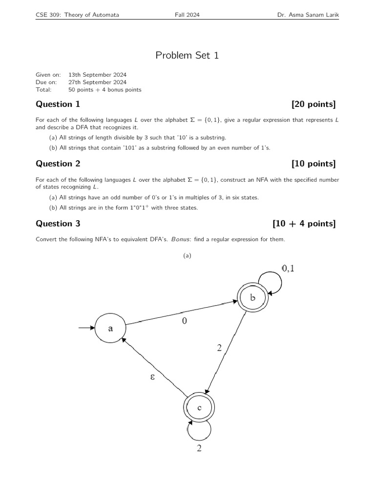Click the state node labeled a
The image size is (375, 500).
[x=110, y=329]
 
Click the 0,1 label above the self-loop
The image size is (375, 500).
[x=288, y=268]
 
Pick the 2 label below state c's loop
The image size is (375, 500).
[x=199, y=449]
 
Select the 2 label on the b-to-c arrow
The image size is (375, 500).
[x=219, y=348]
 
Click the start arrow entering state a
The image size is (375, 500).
[x=87, y=329]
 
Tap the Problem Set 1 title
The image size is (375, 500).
[x=187, y=55]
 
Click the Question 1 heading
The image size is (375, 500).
[x=58, y=104]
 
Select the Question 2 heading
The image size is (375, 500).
[x=58, y=164]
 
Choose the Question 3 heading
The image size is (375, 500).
[x=58, y=224]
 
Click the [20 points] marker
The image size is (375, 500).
[x=313, y=104]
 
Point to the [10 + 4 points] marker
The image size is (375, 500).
[x=304, y=224]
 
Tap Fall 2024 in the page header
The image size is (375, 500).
[x=187, y=15]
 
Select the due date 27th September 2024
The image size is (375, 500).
[x=97, y=82]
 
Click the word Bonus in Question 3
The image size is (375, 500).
[x=180, y=239]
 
